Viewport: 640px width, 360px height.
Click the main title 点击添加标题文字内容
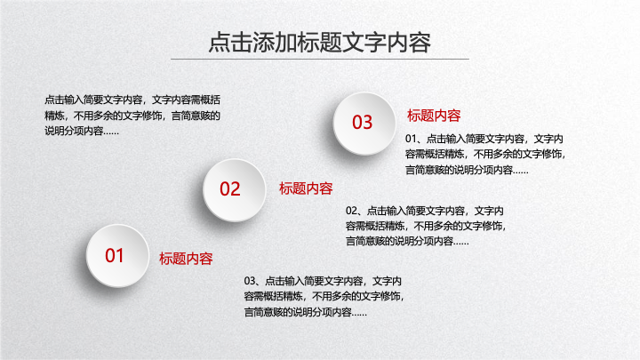tap(320, 43)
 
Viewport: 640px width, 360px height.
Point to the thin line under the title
tap(320, 60)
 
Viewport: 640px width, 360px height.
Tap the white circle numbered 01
tap(117, 255)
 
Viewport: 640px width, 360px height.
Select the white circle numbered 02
tap(235, 190)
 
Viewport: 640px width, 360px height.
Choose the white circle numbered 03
tap(364, 124)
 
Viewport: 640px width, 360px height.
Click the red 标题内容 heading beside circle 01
tap(186, 259)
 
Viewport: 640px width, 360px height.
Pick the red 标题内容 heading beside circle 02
tap(306, 188)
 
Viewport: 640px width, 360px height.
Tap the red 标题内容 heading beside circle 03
tap(434, 116)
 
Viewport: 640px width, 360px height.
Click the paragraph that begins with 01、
tap(485, 155)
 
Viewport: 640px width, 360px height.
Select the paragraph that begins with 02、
tap(426, 226)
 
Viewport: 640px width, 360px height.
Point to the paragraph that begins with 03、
tap(324, 297)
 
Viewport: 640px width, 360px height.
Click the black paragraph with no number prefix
tap(132, 116)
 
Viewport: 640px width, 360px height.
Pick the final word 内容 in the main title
tap(409, 43)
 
